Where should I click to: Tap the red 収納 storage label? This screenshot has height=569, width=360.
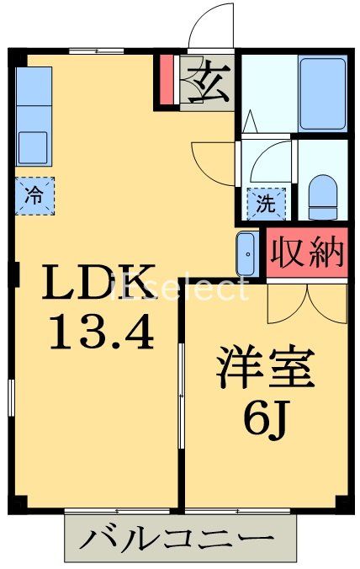307,252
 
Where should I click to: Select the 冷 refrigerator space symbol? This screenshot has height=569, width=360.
34,197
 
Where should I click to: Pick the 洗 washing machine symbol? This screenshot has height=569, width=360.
266,203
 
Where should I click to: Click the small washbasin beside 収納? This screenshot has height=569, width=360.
246,252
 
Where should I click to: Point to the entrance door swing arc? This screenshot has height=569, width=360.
210,26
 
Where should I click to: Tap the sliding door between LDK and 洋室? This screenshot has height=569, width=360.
181,396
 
